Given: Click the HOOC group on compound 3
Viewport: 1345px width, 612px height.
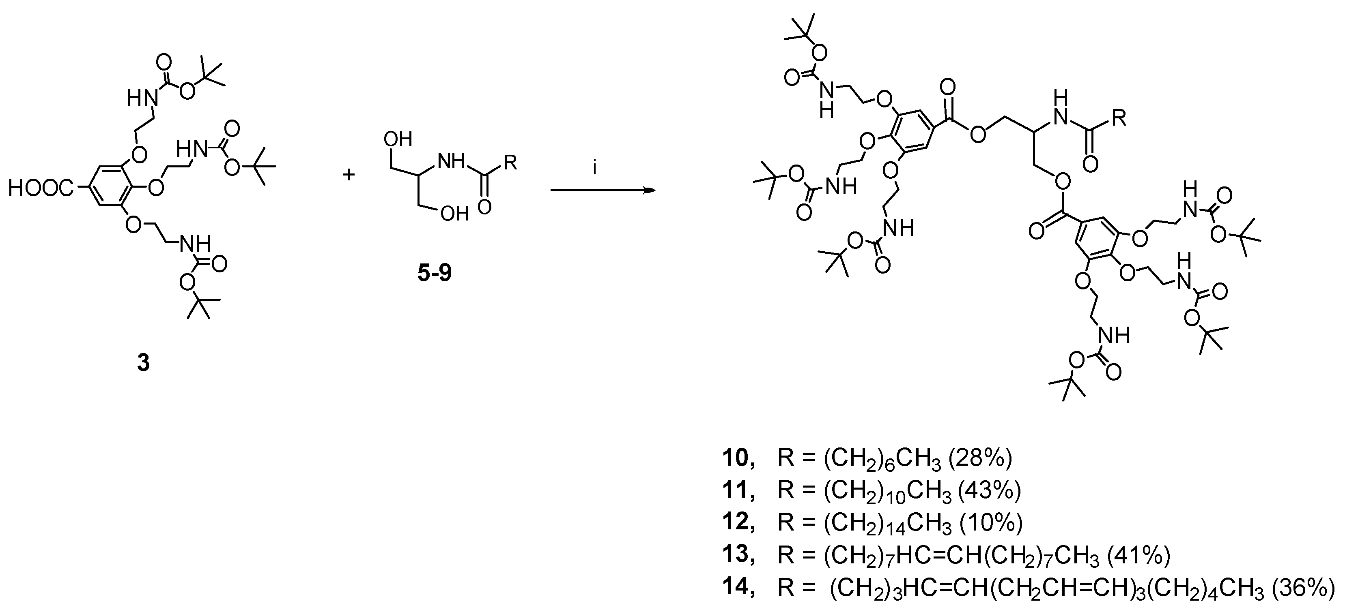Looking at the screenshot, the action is coord(41,189).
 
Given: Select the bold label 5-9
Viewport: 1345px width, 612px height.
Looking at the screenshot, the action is coord(435,273).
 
